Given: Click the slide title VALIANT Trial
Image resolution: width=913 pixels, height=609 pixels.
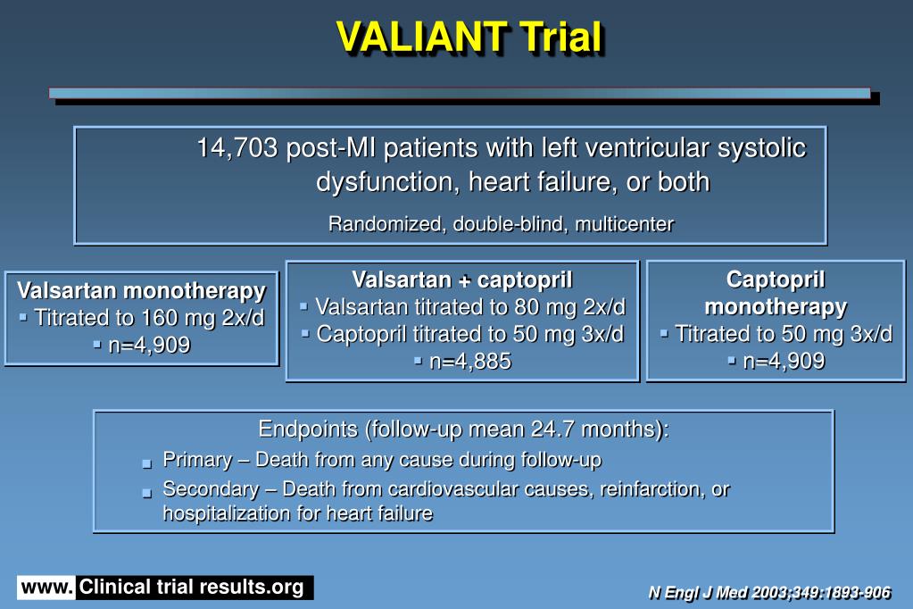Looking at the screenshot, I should [x=469, y=38].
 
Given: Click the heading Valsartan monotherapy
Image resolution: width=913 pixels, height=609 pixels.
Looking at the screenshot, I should [x=141, y=291].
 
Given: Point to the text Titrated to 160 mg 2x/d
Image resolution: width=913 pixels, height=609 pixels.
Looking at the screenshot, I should [x=149, y=318].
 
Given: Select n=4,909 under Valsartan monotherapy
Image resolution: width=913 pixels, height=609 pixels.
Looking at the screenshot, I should [x=149, y=345].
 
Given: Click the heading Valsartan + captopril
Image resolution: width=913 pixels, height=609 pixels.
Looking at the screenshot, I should [x=461, y=279].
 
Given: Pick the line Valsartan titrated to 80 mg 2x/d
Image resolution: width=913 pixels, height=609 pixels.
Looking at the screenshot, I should [x=470, y=307].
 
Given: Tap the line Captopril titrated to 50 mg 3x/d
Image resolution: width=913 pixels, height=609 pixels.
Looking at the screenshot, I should [x=470, y=334].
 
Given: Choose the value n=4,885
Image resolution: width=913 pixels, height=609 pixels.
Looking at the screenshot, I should [x=470, y=361].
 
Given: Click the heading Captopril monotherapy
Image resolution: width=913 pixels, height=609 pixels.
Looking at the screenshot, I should [x=776, y=293].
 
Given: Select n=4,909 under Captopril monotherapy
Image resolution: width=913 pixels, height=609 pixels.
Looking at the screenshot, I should [x=784, y=361].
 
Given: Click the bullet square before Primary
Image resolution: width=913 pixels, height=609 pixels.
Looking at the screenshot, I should [x=147, y=463].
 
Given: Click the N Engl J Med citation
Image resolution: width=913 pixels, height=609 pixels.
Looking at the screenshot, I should [x=768, y=592].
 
